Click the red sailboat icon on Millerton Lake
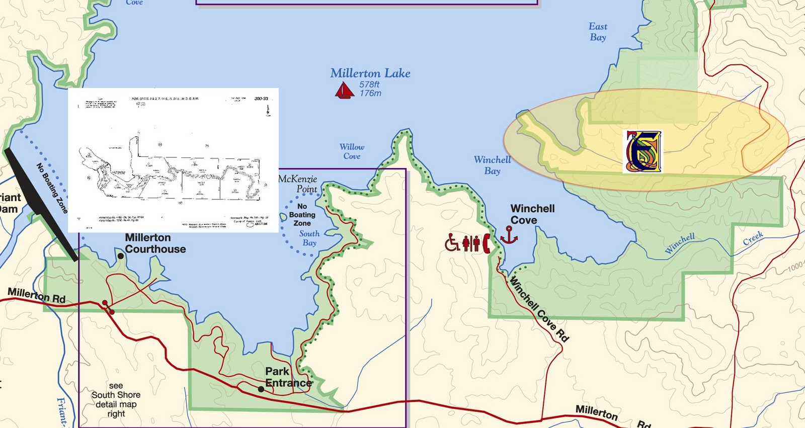[x=344, y=91]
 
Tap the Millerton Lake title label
[x=370, y=73]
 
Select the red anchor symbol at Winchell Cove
[x=509, y=235]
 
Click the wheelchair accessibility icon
[x=452, y=243]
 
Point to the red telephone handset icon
[x=486, y=243]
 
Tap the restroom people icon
[x=471, y=243]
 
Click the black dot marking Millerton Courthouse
[x=121, y=256]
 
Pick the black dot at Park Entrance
[x=261, y=389]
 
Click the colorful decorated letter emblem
[x=642, y=151]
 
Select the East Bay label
[x=598, y=32]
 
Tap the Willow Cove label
[x=352, y=151]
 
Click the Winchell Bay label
[x=492, y=165]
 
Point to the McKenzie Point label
[x=298, y=184]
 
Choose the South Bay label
[x=309, y=238]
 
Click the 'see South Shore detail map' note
[x=116, y=400]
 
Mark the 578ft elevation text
[x=369, y=84]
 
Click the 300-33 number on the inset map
[x=261, y=99]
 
